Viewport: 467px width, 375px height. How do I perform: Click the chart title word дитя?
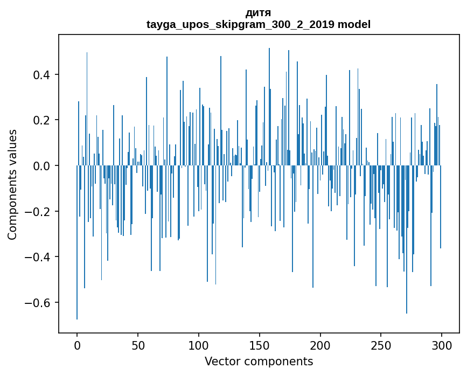pyautogui.click(x=259, y=12)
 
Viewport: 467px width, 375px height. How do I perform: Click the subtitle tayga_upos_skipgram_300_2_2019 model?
pyautogui.click(x=259, y=24)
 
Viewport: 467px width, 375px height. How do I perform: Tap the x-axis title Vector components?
pyautogui.click(x=259, y=361)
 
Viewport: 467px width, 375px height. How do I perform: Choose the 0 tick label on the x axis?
pyautogui.click(x=77, y=345)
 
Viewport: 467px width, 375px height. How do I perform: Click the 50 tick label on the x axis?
pyautogui.click(x=138, y=345)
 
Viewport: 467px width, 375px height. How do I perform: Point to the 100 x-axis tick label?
pyautogui.click(x=199, y=345)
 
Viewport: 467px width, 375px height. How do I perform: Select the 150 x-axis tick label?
pyautogui.click(x=260, y=345)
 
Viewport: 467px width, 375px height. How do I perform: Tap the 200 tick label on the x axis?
pyautogui.click(x=320, y=345)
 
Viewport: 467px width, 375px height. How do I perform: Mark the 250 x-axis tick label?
pyautogui.click(x=381, y=345)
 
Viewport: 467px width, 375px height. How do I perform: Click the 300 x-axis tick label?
pyautogui.click(x=442, y=345)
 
